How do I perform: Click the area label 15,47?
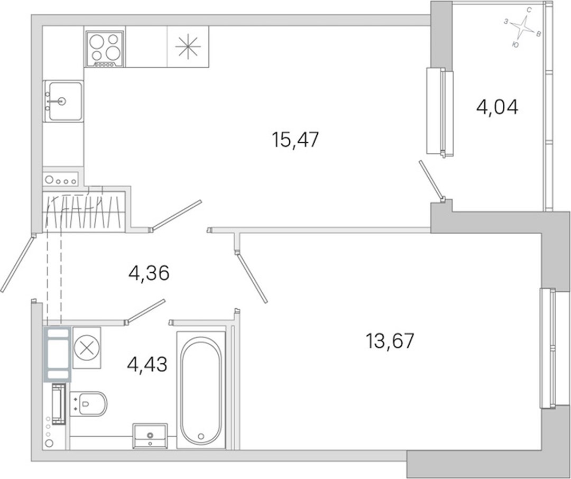pyautogui.click(x=296, y=140)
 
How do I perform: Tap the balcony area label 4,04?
pyautogui.click(x=497, y=107)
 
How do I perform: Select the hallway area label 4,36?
pyautogui.click(x=149, y=273)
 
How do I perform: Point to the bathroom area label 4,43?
pyautogui.click(x=147, y=364)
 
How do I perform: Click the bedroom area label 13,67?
pyautogui.click(x=390, y=341)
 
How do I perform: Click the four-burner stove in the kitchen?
pyautogui.click(x=105, y=49)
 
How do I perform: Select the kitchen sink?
pyautogui.click(x=63, y=102)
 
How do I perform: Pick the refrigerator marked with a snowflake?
pyautogui.click(x=188, y=47)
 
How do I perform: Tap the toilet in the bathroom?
pyautogui.click(x=88, y=403)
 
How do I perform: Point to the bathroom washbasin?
pyautogui.click(x=150, y=436)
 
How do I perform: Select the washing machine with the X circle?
pyautogui.click(x=87, y=347)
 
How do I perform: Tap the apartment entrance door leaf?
pyautogui.click(x=17, y=263)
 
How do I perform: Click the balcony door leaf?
pyautogui.click(x=431, y=180)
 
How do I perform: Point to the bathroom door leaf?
pyautogui.click(x=145, y=311)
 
